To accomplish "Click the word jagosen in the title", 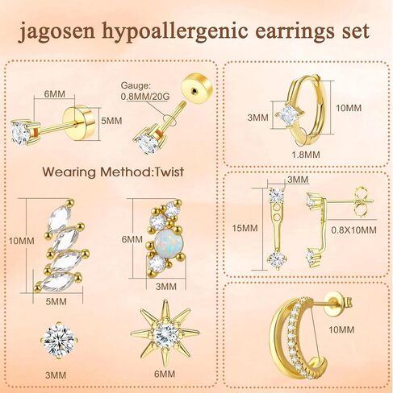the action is pos(56,32).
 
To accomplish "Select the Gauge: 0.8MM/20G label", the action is pos(145,91).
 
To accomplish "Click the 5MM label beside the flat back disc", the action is pos(111,121).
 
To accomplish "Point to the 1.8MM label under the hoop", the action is pos(306,155).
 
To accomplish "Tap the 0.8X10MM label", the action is pos(353,230).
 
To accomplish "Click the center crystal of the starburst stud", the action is pos(165,334).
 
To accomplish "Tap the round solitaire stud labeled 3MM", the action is pos(59,341).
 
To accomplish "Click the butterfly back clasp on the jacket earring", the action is pos(361,201).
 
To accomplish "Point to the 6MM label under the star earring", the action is pos(165,374).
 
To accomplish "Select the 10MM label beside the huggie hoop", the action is pos(349,108).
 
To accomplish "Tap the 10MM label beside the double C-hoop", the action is pos(341,329).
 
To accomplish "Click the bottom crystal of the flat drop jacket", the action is pos(277,260).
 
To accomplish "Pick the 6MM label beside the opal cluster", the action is pos(132,239).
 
